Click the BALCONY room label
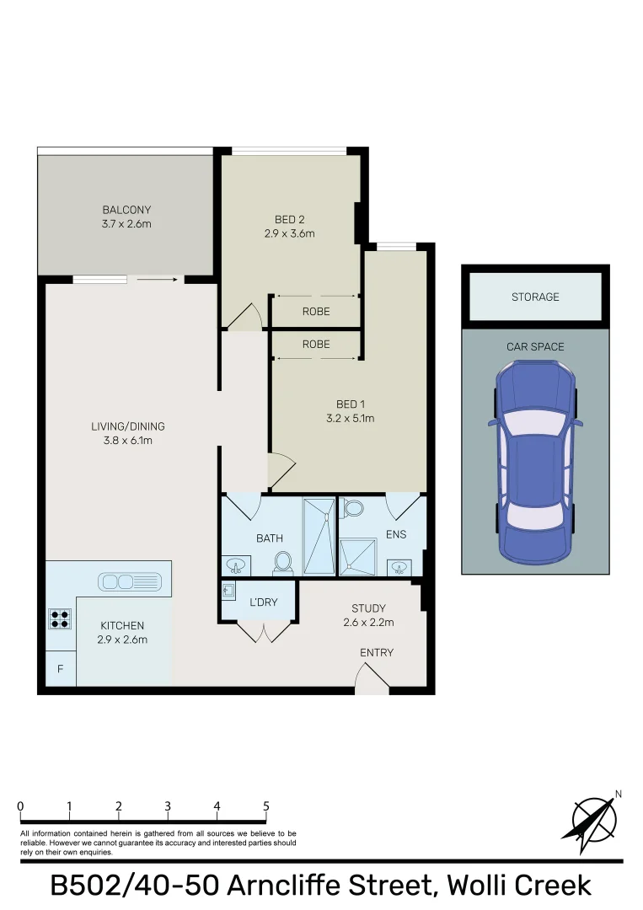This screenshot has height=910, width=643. click(126, 210)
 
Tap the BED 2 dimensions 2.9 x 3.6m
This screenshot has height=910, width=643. click(290, 234)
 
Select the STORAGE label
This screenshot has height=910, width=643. click(535, 297)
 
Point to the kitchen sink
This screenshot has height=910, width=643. click(130, 581)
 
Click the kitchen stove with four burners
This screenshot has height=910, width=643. click(60, 618)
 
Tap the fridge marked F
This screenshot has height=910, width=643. click(61, 669)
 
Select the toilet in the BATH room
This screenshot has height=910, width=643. click(283, 562)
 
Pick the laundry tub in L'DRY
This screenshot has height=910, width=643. click(228, 591)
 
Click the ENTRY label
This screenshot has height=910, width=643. click(377, 653)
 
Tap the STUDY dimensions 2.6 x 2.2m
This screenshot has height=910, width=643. click(368, 623)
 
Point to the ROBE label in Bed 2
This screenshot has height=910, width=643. click(316, 312)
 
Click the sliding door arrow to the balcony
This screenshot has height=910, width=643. click(157, 280)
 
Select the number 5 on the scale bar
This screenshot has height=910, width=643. click(265, 806)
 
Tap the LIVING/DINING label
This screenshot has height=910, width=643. click(127, 426)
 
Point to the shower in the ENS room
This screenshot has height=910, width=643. click(358, 557)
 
